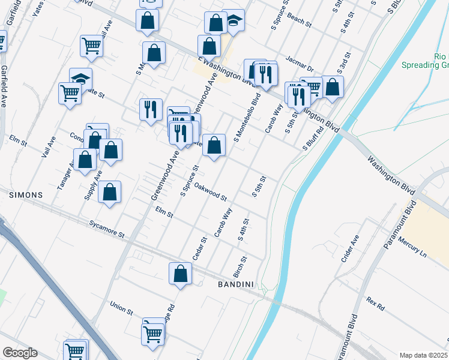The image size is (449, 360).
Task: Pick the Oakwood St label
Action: coord(210,193)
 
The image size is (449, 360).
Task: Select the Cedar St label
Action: coord(199,248)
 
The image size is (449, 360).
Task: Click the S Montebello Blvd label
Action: coord(247,117)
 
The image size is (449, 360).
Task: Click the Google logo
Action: coord(20,353)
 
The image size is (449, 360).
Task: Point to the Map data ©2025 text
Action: coord(424,355)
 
